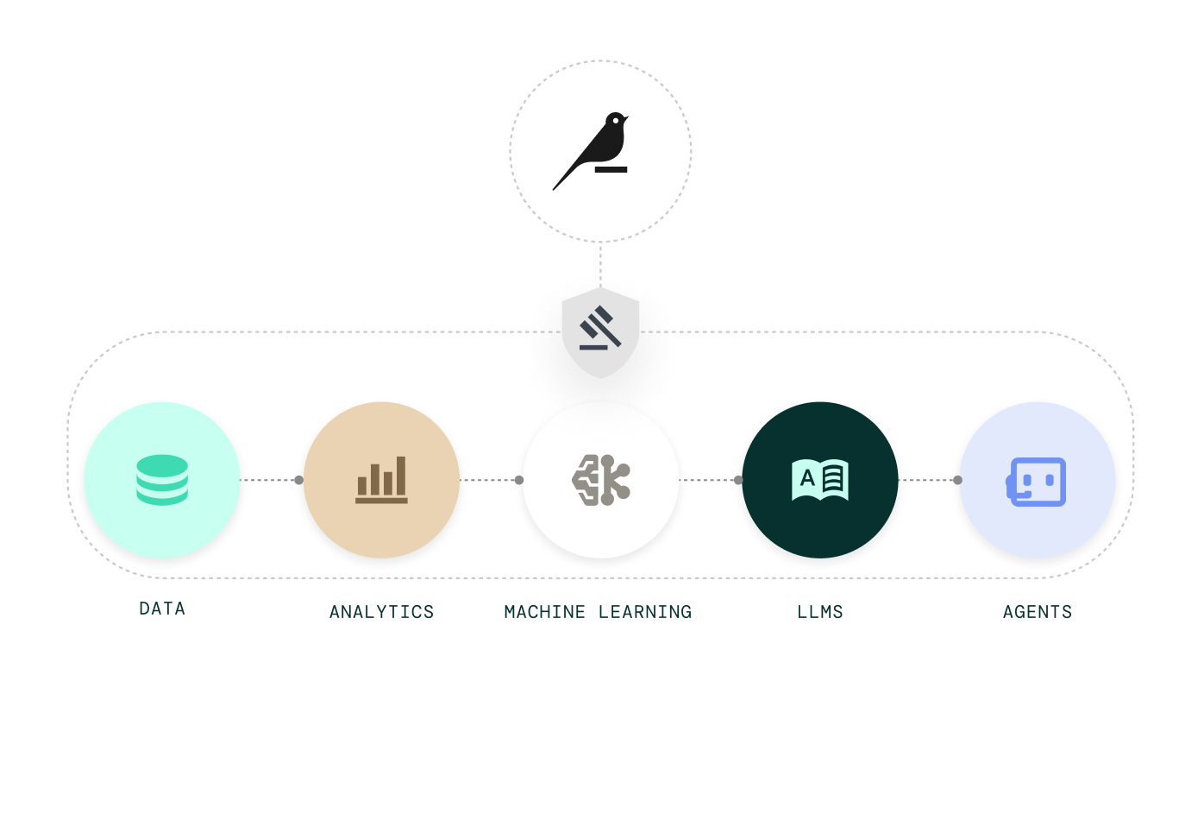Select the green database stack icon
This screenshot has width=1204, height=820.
click(162, 480)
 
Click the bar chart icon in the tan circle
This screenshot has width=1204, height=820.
click(381, 480)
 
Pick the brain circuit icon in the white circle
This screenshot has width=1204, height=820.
click(601, 480)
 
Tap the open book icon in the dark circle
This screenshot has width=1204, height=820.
click(820, 480)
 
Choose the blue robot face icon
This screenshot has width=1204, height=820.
click(1038, 482)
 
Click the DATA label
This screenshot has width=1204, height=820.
click(162, 609)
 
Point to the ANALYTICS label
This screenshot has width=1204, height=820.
click(381, 612)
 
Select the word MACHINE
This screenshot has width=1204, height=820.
click(544, 612)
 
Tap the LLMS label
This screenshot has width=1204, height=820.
click(820, 612)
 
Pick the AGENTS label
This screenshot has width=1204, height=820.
click(1038, 612)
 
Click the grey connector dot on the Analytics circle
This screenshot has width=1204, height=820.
click(298, 480)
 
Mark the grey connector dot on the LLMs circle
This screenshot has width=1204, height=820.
click(737, 480)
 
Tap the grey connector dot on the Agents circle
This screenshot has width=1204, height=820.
click(956, 480)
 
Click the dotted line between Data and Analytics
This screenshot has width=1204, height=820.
click(270, 480)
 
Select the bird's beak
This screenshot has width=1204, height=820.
click(626, 116)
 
